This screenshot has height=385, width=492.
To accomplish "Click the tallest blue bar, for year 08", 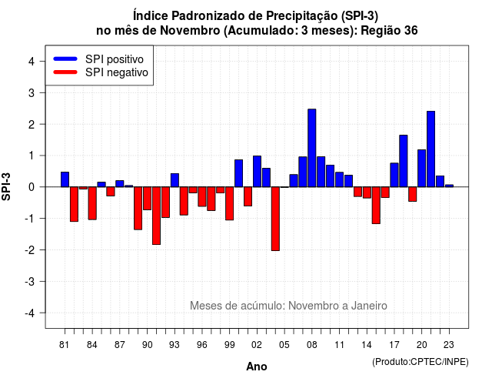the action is click(x=312, y=148).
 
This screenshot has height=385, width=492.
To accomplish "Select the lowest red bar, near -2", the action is click(x=275, y=219).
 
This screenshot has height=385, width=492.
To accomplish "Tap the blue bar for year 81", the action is click(x=65, y=179).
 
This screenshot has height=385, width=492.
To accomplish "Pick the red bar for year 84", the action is click(x=92, y=203).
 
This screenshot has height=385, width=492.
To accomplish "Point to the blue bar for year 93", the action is click(x=175, y=180).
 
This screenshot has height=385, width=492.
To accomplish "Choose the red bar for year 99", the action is click(x=229, y=203).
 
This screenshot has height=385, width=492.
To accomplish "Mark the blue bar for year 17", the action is click(x=394, y=175).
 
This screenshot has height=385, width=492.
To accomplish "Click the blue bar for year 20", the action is click(x=422, y=168).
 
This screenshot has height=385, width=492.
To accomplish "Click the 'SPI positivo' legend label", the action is click(x=115, y=59).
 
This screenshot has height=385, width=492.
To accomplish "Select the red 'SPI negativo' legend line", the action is click(x=65, y=72).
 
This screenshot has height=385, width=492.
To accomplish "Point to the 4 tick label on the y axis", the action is click(x=32, y=61).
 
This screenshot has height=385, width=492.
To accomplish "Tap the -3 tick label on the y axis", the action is click(x=29, y=281).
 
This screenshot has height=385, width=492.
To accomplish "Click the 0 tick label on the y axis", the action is click(x=32, y=187).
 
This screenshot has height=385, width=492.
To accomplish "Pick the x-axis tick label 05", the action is click(x=284, y=345).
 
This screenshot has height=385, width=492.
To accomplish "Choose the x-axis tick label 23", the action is click(x=449, y=345).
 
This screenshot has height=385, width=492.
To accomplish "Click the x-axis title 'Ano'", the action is click(x=257, y=367).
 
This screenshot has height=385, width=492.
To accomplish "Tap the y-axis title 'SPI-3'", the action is click(x=6, y=186).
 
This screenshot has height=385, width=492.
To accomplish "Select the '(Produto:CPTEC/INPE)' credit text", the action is click(x=421, y=362).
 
